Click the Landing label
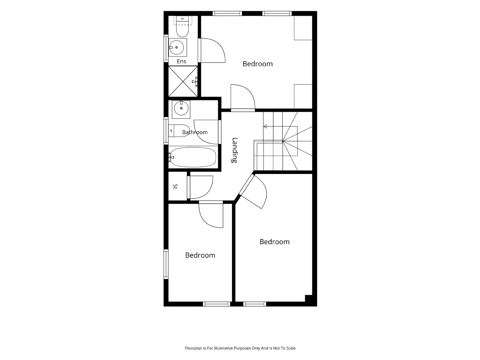point(234,150)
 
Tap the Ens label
point(181,61)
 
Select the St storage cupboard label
point(175,186)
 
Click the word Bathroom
point(195,132)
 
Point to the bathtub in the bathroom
point(193,157)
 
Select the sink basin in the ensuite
point(178,47)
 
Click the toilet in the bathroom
point(179,131)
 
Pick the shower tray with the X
point(183,81)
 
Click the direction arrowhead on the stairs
point(265,126)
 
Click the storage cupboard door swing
point(201,187)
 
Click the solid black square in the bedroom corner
point(308,298)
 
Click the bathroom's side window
point(166,131)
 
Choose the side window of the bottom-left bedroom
point(166,264)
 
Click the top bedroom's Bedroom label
point(258,64)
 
